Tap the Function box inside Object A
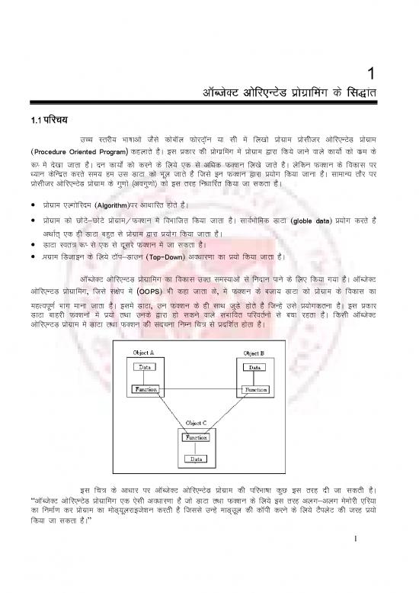point(147,389)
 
